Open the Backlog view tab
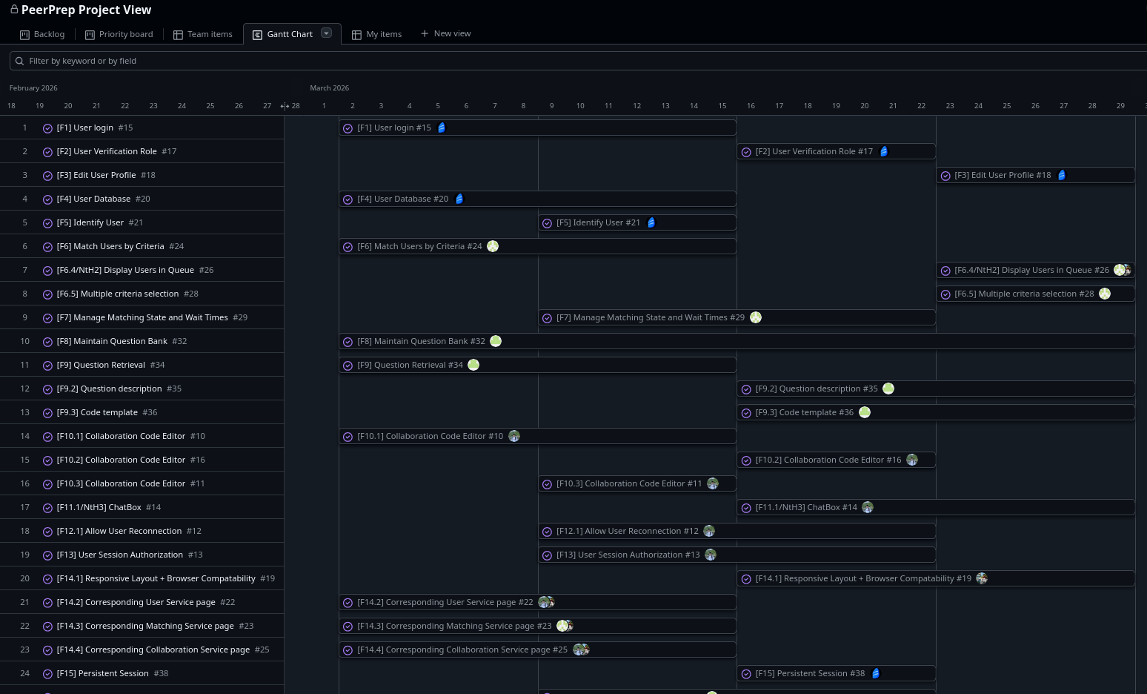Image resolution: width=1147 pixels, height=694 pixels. point(42,34)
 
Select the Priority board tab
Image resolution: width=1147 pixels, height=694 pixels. point(119,34)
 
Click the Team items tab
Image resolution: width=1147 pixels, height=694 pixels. point(203,34)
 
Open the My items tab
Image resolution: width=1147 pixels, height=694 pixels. point(377,34)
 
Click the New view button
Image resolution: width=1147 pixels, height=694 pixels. point(445,33)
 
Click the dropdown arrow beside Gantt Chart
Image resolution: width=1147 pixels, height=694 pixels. point(326,33)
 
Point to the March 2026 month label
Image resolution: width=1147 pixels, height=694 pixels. point(329,87)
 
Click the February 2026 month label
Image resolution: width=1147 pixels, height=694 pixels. point(33,87)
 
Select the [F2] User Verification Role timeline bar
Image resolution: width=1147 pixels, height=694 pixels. point(837,151)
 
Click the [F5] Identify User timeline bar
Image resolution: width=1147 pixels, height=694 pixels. point(637,222)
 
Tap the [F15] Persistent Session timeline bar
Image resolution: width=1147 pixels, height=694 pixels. point(837,673)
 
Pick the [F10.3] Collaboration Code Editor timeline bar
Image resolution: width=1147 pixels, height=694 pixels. point(637,483)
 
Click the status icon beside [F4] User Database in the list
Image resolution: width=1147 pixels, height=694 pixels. point(47,199)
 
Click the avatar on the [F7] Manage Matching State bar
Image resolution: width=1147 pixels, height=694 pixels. point(755,317)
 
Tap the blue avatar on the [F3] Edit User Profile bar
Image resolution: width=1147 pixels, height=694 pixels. point(1062,175)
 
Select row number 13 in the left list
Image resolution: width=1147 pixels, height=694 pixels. point(24,412)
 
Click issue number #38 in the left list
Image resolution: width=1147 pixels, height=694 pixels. point(161,673)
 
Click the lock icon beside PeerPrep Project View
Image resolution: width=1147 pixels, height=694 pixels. point(14,9)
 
